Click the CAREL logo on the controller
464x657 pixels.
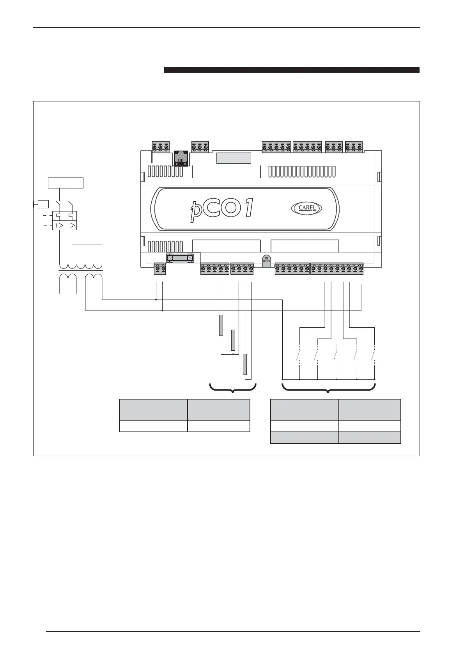306,208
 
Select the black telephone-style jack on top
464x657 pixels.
180,158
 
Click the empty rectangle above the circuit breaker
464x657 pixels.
65,183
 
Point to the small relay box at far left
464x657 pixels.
43,204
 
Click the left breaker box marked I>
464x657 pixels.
58,225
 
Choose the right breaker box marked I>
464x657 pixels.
71,225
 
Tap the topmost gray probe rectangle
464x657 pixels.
221,325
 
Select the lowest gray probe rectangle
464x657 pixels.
245,364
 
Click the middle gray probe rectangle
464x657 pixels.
233,340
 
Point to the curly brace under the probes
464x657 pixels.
233,389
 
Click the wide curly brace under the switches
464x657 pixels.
328,389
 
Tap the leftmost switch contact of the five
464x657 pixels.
299,355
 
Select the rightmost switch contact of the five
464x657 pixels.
374,355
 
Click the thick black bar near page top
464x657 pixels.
291,70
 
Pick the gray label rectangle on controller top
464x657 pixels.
234,158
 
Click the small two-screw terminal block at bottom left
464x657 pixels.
160,269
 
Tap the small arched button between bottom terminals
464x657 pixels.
266,261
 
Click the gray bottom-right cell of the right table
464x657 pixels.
369,438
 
